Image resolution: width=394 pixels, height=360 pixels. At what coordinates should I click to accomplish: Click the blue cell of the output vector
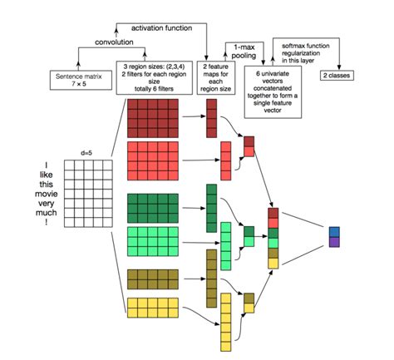(x=334, y=231)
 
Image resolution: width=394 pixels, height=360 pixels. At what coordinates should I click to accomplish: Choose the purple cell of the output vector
(x=334, y=242)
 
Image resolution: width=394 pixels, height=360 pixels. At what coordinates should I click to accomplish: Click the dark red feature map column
(x=211, y=117)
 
